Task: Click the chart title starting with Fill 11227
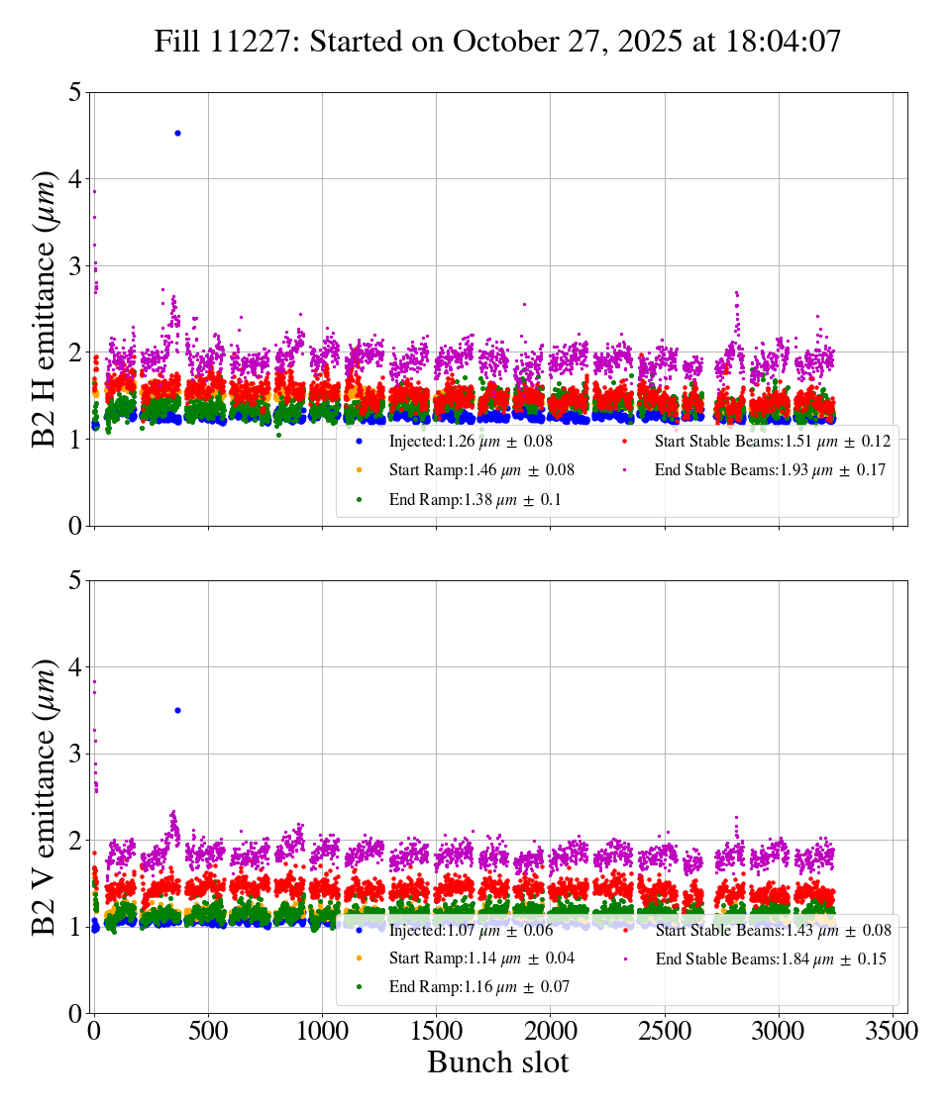pos(497,42)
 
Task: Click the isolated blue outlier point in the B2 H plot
pos(177,133)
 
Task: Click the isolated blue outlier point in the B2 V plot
pos(177,710)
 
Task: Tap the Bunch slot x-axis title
pos(498,1062)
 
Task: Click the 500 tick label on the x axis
pos(208,1030)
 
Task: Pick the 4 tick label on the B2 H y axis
pos(74,179)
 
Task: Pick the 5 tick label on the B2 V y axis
pos(74,581)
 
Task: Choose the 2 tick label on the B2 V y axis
pos(74,841)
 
